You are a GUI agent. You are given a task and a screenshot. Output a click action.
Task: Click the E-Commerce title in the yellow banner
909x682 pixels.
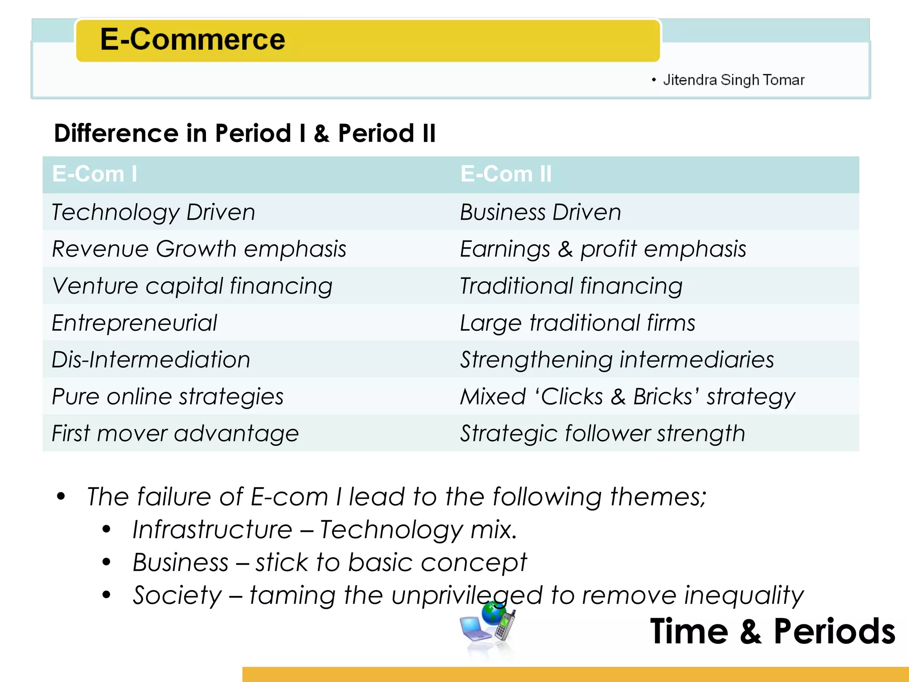coord(192,39)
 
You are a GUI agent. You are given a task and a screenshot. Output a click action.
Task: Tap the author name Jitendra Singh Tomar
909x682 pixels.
coord(733,80)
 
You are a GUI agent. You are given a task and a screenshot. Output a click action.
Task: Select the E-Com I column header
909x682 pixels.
coord(95,174)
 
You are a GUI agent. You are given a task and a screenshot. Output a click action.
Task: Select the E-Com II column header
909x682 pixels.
coord(506,174)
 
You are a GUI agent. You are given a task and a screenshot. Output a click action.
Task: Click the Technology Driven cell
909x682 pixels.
coord(154,212)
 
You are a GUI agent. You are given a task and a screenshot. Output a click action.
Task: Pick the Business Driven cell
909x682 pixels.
coord(540,212)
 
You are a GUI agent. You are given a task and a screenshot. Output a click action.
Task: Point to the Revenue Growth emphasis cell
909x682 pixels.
coord(199,249)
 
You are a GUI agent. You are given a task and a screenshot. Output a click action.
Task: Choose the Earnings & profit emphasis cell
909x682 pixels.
coord(603,249)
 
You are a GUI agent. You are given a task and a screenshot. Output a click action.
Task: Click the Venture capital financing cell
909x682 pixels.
coord(192,286)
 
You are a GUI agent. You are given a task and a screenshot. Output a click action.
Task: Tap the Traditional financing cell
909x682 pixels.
coord(571,286)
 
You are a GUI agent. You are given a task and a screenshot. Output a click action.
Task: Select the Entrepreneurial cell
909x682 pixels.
coord(134,323)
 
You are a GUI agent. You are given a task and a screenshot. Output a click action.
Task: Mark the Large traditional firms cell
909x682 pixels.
coord(577,323)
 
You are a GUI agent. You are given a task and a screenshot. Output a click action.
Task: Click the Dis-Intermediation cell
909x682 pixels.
coord(151,360)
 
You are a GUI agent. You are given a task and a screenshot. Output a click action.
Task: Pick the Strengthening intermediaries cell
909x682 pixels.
coord(617,360)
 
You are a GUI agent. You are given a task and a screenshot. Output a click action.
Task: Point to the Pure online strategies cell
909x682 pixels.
coord(167,397)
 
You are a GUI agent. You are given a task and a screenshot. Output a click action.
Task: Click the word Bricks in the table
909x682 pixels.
coord(662,397)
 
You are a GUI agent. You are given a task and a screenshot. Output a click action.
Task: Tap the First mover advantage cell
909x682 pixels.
coord(175,433)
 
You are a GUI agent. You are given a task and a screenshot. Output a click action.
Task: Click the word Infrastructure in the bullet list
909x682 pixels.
coord(212,530)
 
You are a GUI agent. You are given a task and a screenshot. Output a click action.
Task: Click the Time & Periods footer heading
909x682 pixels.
coord(772,631)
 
